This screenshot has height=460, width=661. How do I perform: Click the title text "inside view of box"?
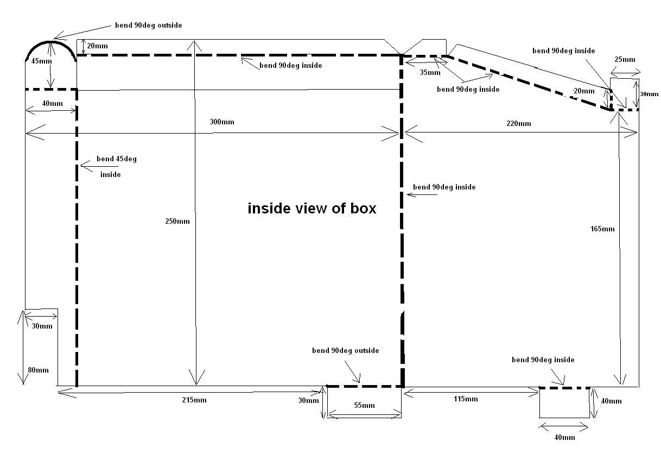[x=312, y=209]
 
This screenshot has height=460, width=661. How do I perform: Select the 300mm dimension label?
[x=222, y=122]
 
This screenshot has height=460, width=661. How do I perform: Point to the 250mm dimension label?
[x=178, y=221]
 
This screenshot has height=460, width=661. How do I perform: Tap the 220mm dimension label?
[x=519, y=123]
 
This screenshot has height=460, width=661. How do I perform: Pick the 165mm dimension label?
[x=602, y=229]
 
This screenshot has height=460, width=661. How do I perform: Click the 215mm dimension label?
[x=194, y=400]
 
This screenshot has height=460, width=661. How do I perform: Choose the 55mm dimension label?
[x=364, y=405]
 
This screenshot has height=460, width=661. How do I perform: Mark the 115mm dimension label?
[x=466, y=399]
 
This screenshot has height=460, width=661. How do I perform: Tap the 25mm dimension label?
[x=625, y=59]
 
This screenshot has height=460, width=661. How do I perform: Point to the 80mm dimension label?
[x=37, y=370]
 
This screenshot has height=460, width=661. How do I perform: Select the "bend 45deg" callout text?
[x=116, y=159]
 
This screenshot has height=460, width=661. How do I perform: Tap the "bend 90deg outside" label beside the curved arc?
[x=148, y=25]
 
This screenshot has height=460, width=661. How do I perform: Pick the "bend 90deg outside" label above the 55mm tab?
[x=345, y=350]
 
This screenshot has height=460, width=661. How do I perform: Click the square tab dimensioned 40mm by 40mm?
[x=564, y=402]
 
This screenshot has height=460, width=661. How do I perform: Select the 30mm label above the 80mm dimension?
[x=42, y=326]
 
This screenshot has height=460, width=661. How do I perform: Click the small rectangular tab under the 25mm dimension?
[x=625, y=94]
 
